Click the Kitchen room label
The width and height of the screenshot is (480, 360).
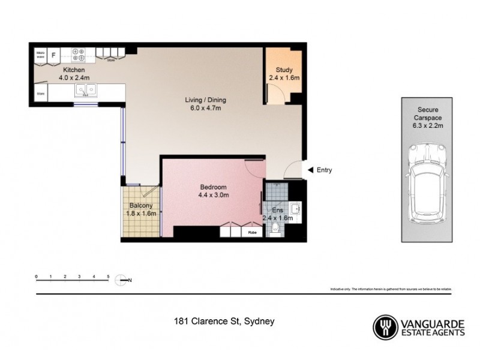point(63,70)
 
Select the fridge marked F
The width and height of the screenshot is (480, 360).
point(55,55)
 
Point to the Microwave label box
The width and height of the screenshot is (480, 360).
point(41,55)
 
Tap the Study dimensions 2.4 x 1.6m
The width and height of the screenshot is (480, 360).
point(284,77)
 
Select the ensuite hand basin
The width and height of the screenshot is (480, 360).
point(295,209)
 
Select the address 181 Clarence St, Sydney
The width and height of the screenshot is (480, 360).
point(224,322)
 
